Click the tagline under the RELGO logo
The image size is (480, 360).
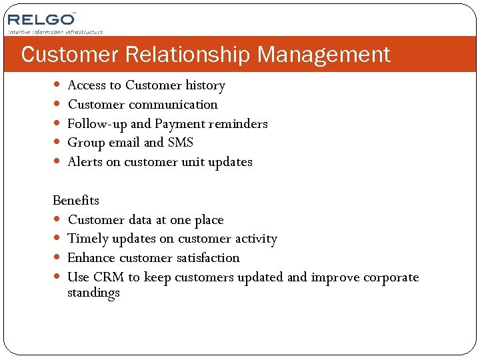click(55, 31)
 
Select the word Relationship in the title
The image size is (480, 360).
click(181, 55)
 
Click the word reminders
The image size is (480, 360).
click(238, 124)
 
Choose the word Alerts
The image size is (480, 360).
click(83, 162)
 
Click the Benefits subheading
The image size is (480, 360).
click(76, 201)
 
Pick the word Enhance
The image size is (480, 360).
click(91, 258)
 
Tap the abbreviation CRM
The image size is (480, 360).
click(109, 277)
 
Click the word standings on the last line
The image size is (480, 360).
click(93, 293)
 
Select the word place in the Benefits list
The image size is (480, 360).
click(209, 220)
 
